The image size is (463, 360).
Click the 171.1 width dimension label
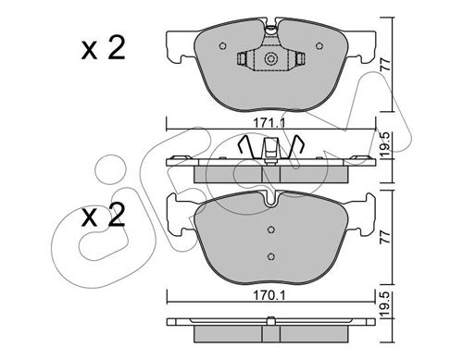click(269, 123)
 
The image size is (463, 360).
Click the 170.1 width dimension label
click(269, 295)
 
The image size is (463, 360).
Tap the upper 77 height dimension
click(385, 65)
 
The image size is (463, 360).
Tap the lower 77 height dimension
click(385, 237)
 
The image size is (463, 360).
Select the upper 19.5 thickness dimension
click(385, 145)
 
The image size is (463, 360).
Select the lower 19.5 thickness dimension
click(385, 304)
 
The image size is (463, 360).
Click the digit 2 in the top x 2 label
click(116, 48)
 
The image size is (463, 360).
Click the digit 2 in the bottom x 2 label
click(116, 215)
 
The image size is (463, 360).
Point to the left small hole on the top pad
click(222, 46)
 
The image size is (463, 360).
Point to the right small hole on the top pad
click(319, 46)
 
